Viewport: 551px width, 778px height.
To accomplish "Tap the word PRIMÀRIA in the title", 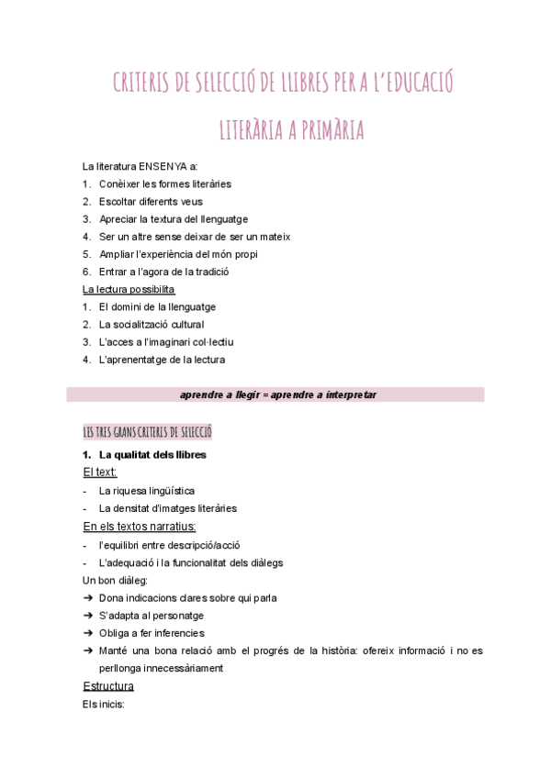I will coord(326,131).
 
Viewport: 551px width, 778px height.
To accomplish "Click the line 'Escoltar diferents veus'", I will coord(151,202).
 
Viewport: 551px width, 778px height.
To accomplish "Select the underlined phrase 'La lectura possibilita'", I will coord(129,289).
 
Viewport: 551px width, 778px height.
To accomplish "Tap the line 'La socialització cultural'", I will coord(152,325).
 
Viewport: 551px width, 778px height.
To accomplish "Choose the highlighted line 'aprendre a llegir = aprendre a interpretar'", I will coord(275,395).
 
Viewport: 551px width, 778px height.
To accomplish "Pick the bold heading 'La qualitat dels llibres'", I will coord(152,455).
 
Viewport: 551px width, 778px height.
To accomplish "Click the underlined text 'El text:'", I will coord(100,472).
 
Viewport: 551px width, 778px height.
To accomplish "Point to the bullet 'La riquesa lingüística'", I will coord(147,491).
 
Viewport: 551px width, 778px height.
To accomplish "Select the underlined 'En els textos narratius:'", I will coord(140,527).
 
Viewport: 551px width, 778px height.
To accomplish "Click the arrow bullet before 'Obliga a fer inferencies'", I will coord(87,633).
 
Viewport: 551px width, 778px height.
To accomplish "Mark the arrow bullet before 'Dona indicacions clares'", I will coord(87,598).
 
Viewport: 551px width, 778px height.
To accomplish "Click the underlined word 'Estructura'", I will coord(108,686).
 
